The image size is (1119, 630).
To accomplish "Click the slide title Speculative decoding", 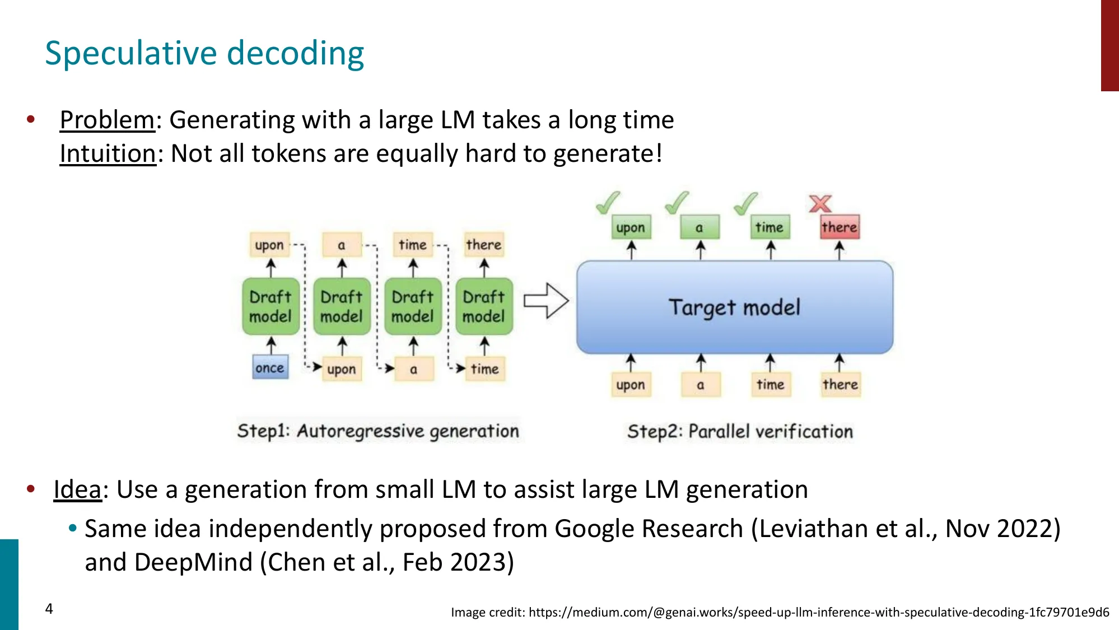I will tap(204, 53).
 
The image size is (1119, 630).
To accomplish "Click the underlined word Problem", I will tap(107, 120).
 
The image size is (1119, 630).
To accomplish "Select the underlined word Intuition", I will tap(108, 153).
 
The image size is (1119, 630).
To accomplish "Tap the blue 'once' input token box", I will tap(270, 368).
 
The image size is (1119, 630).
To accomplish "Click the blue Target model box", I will tap(734, 307).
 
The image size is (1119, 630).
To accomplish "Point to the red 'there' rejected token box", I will tap(839, 227).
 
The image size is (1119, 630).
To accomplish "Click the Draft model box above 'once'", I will tap(271, 306).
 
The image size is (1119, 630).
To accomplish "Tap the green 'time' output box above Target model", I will tap(770, 227).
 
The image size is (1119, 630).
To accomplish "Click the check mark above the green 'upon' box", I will tap(608, 203).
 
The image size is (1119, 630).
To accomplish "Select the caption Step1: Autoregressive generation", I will tap(378, 431).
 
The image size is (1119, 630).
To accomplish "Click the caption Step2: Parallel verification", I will tap(740, 431).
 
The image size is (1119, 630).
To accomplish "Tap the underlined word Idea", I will tap(77, 489).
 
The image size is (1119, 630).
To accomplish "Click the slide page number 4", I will tap(49, 609).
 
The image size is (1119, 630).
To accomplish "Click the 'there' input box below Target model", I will tap(840, 385).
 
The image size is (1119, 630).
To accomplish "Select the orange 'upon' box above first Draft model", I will tap(269, 245).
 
